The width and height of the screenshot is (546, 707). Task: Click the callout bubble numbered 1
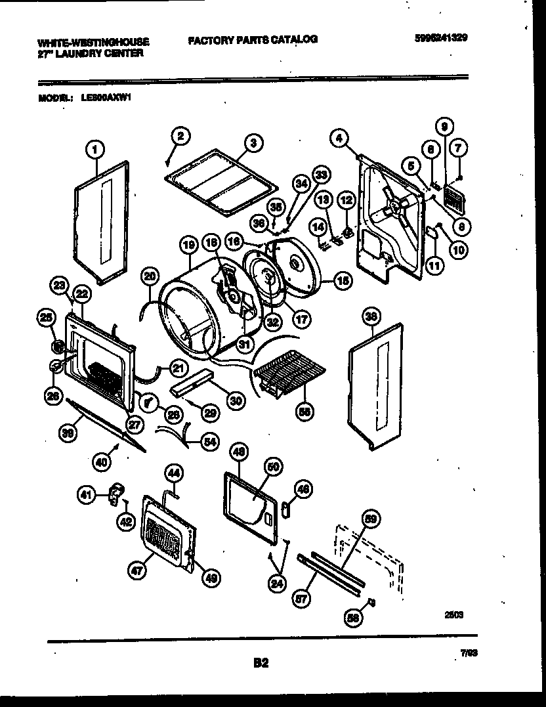pyautogui.click(x=96, y=150)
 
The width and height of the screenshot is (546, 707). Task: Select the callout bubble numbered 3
pyautogui.click(x=253, y=142)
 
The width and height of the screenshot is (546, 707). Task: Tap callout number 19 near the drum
pyautogui.click(x=189, y=246)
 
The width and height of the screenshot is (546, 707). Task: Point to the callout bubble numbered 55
pyautogui.click(x=304, y=412)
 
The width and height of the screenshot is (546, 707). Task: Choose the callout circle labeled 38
pyautogui.click(x=372, y=317)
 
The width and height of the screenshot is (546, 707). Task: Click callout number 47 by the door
pyautogui.click(x=136, y=572)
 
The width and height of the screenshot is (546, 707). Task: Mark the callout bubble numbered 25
pyautogui.click(x=45, y=318)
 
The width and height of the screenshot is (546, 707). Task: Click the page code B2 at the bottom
pyautogui.click(x=261, y=663)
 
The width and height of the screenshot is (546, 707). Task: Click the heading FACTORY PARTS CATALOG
pyautogui.click(x=253, y=39)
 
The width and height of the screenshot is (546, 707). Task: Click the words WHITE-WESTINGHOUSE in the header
pyautogui.click(x=93, y=42)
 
